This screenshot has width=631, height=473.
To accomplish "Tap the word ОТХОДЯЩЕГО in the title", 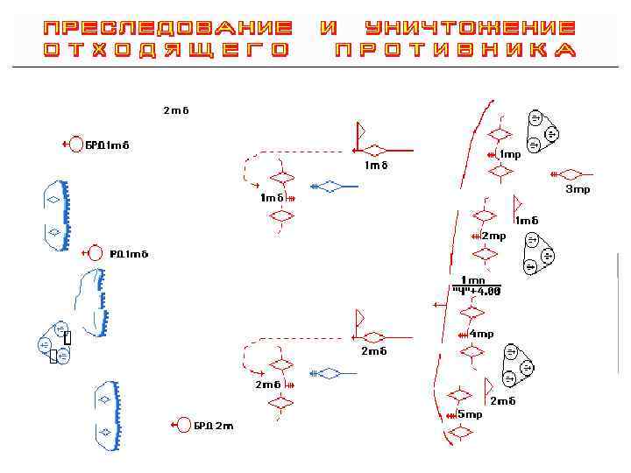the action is [x=167, y=50].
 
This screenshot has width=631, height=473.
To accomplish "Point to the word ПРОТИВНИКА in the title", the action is [x=456, y=50].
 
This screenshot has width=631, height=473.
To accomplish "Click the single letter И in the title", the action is [x=330, y=28].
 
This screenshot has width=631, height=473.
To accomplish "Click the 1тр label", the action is [x=510, y=154].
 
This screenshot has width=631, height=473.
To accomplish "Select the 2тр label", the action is [x=493, y=236].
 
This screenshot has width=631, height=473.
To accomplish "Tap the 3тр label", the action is [x=578, y=188].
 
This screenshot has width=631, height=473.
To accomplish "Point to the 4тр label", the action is [x=481, y=334].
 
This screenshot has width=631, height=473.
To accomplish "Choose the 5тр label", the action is [x=470, y=413].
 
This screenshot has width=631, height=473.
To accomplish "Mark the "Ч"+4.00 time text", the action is [x=477, y=291].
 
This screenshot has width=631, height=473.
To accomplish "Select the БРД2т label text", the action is [x=214, y=426].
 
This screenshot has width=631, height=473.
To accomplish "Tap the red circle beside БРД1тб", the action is [x=76, y=144].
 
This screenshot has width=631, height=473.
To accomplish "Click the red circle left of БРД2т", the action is [x=183, y=425].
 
